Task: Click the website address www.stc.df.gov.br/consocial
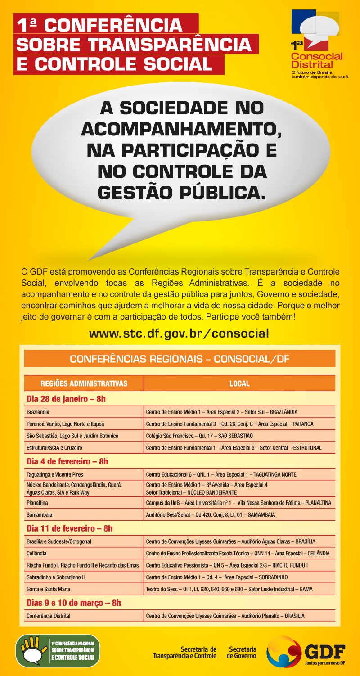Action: (179, 333)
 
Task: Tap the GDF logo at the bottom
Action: (306, 652)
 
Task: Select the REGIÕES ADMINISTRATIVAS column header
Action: (84, 383)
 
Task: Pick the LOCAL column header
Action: (239, 383)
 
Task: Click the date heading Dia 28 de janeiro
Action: (66, 399)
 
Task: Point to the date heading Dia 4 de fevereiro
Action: (67, 461)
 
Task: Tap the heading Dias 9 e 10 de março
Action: (74, 603)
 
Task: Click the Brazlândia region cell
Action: (38, 412)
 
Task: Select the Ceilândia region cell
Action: (37, 553)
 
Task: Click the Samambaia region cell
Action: (39, 514)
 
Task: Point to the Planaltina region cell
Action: (37, 502)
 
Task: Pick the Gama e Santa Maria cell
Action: (49, 589)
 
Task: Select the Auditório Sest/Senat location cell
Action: (211, 514)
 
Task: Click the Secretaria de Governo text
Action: (243, 653)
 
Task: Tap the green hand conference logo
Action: (58, 651)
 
